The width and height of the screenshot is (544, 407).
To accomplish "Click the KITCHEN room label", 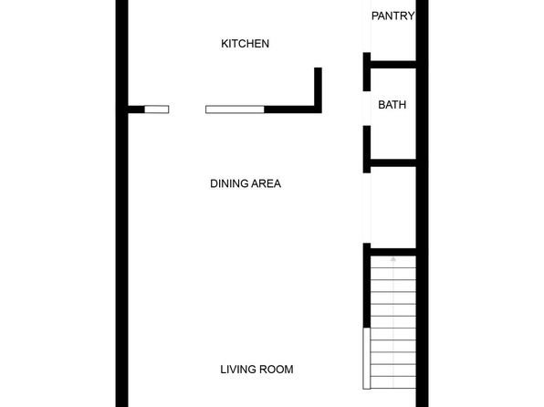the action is coord(245,44).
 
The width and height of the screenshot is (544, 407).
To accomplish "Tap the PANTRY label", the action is coord(392,16).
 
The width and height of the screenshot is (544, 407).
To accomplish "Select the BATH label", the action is coord(392,105).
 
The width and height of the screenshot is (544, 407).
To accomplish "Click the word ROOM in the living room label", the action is coord(276,370).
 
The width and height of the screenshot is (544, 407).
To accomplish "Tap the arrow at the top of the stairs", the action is coord(393,259).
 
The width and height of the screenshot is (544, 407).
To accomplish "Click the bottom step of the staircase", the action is coord(393,382).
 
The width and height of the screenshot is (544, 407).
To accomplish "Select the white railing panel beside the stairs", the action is coord(367,359).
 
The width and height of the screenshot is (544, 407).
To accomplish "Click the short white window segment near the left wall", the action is coord(157,110).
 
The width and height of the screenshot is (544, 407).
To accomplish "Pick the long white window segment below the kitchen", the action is coord(235,110).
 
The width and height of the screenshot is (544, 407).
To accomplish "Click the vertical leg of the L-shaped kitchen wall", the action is coord(318,90).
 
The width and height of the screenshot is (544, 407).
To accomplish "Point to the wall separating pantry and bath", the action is coord(393,64).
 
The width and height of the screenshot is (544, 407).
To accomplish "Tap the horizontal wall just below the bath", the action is coord(393,162).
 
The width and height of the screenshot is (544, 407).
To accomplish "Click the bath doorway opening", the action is coord(367,109).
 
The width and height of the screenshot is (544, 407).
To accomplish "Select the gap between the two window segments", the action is coord(187,110).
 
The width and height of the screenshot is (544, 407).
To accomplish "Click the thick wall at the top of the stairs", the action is coord(393,252).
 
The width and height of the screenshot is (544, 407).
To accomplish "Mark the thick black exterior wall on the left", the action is coord(121,203).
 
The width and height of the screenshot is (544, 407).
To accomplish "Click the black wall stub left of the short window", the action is coord(136,110).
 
